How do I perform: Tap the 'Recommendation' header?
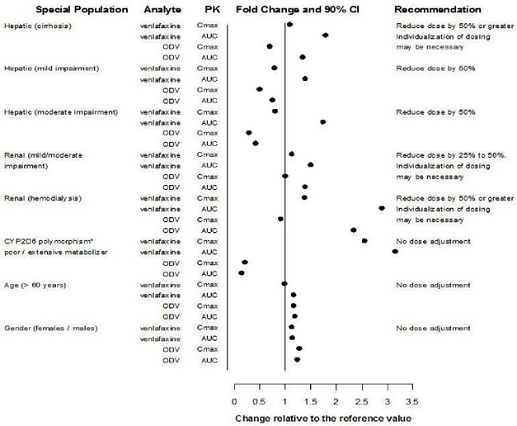(438, 9)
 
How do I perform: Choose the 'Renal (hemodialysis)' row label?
(43, 198)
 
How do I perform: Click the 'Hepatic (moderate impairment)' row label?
(62, 111)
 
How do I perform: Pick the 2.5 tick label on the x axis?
(361, 402)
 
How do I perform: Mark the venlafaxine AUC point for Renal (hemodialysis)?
(382, 209)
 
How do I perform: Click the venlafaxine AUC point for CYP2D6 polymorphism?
(395, 252)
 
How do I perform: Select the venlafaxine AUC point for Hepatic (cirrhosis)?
(326, 35)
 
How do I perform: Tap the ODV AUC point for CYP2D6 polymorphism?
(242, 273)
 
